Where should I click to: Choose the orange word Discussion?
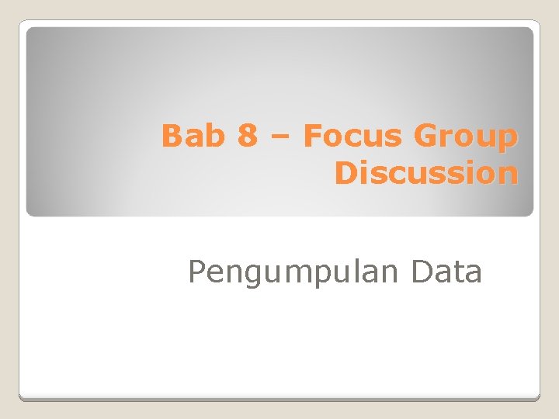[x=425, y=173]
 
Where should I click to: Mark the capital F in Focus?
[x=311, y=137]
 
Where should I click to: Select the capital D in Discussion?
[x=346, y=173]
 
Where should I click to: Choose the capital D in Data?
[x=424, y=272]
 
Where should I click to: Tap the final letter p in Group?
[x=507, y=140]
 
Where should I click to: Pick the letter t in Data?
[x=458, y=272]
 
